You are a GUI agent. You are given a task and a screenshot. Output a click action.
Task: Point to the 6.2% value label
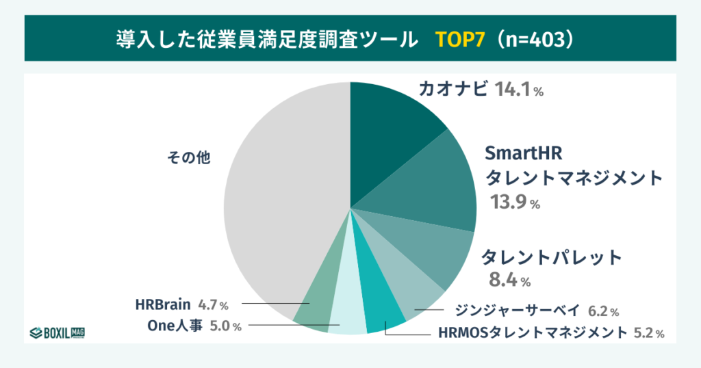[x=603, y=311]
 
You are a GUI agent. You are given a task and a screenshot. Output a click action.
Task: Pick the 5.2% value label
[x=648, y=333]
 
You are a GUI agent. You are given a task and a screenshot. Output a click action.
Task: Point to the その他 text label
[x=188, y=157]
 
